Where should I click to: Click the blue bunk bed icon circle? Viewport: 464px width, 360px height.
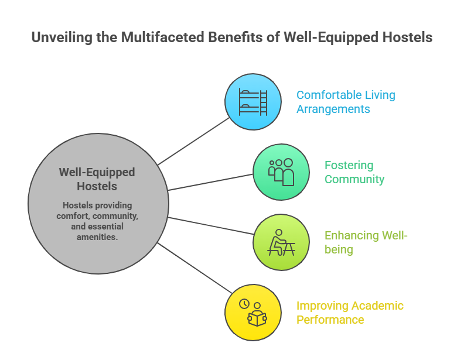pos(253,102)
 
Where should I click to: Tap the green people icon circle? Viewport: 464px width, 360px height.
pos(281,172)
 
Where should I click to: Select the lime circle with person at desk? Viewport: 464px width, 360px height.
pos(281,242)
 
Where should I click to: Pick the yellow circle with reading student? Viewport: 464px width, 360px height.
pos(253,313)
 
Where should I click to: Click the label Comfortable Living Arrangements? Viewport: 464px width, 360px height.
pos(346,102)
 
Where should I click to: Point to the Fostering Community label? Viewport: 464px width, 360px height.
pos(354,172)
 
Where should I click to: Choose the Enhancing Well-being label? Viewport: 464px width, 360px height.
pos(366,242)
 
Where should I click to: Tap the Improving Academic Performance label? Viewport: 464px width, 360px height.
pos(350,313)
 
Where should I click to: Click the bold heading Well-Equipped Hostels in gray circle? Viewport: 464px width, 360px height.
pos(97,180)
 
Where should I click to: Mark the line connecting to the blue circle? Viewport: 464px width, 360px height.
pos(193,141)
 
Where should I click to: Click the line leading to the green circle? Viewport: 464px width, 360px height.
pos(211,181)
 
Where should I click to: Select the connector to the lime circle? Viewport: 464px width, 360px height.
pos(211,225)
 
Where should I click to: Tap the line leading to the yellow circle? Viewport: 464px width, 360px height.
pos(193,267)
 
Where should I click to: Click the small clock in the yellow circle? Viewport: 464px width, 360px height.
pos(244,304)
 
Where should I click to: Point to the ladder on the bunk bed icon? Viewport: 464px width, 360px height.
pos(263,102)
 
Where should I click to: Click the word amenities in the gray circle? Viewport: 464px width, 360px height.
pos(97,236)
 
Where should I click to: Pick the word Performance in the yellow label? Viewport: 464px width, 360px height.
pos(330,320)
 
